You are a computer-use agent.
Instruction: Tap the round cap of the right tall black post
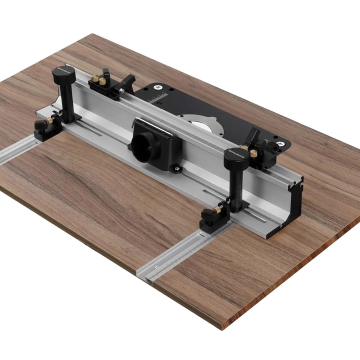(x=235, y=156)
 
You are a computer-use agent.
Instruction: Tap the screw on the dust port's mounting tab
(x=176, y=168)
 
